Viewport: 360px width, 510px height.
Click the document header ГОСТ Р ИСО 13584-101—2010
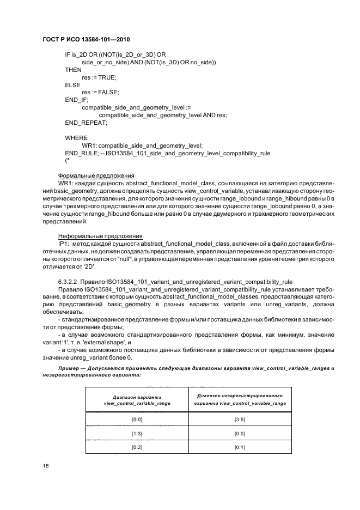tap(87, 39)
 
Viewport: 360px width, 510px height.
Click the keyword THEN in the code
tap(73, 70)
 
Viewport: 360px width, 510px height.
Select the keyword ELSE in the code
tap(72, 85)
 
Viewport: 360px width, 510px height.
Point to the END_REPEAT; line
tap(86, 123)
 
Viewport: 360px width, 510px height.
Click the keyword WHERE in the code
tap(76, 138)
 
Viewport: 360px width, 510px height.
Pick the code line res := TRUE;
tap(99, 78)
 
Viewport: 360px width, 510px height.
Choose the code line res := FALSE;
tap(100, 93)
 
